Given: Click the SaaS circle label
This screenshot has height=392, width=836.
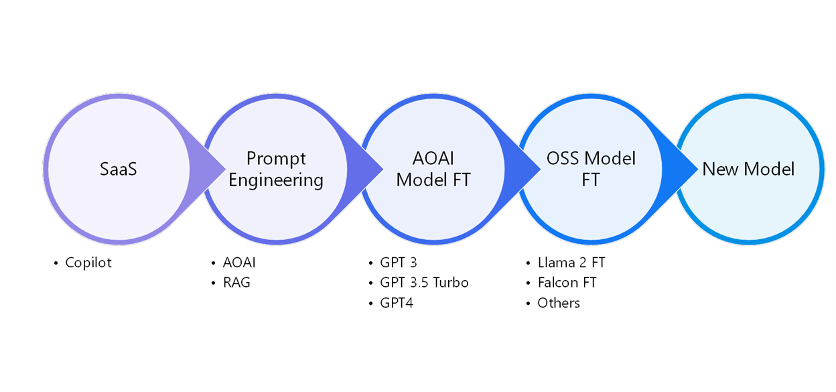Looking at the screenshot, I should pyautogui.click(x=118, y=169).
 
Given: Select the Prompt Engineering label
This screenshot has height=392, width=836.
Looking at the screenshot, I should pyautogui.click(x=276, y=169).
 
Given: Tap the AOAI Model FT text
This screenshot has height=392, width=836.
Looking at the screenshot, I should pyautogui.click(x=433, y=169).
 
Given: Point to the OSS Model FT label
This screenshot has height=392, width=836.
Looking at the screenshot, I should pyautogui.click(x=591, y=169).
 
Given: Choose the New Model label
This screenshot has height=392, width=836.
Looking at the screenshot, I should pyautogui.click(x=748, y=169).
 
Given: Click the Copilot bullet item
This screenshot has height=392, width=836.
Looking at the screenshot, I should pyautogui.click(x=88, y=263).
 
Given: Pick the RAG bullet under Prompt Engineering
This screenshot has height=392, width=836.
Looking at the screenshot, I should pyautogui.click(x=236, y=283).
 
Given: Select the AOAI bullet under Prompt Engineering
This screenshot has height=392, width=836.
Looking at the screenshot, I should pyautogui.click(x=239, y=263).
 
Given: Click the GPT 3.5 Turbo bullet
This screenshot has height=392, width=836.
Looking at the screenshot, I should pyautogui.click(x=424, y=283).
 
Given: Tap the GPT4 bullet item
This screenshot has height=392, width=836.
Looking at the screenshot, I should pyautogui.click(x=397, y=303).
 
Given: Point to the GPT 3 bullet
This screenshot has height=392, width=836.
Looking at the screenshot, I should pyautogui.click(x=398, y=263).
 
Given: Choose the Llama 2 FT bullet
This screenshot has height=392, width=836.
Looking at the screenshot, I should pyautogui.click(x=571, y=263).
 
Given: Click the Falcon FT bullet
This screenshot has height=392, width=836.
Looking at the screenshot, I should pyautogui.click(x=567, y=283).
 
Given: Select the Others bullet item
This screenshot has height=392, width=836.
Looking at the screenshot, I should pyautogui.click(x=559, y=303).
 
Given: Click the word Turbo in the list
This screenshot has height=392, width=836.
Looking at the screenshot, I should pyautogui.click(x=450, y=283).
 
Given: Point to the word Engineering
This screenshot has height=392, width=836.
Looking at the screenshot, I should pyautogui.click(x=276, y=180).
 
